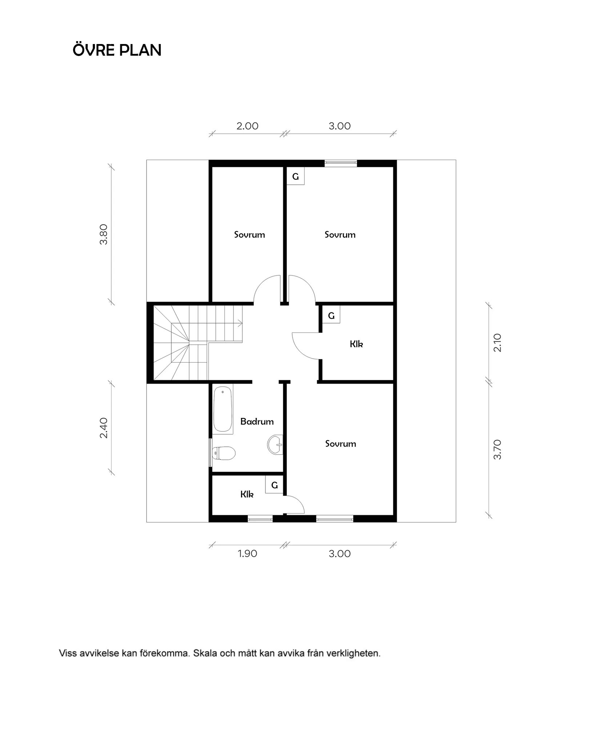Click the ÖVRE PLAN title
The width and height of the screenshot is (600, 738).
pyautogui.click(x=117, y=50)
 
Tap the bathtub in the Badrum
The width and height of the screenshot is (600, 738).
pyautogui.click(x=223, y=410)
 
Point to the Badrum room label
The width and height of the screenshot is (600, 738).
pyautogui.click(x=257, y=422)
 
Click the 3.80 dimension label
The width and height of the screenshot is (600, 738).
pyautogui.click(x=104, y=234)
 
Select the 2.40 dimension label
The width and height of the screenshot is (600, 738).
pyautogui.click(x=104, y=428)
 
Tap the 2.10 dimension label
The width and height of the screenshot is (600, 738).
pyautogui.click(x=497, y=343)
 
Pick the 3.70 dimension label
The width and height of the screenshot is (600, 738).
pyautogui.click(x=497, y=450)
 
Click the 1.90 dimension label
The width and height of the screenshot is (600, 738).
pyautogui.click(x=247, y=554)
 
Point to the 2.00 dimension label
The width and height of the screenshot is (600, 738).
pyautogui.click(x=247, y=126)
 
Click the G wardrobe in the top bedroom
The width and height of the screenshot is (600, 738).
pyautogui.click(x=295, y=176)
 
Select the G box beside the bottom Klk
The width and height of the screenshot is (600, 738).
pyautogui.click(x=274, y=484)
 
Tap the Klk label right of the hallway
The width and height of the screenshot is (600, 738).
pyautogui.click(x=356, y=344)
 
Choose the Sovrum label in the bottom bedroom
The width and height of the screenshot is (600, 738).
pyautogui.click(x=341, y=443)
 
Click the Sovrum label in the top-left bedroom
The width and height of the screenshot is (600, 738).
pyautogui.click(x=249, y=235)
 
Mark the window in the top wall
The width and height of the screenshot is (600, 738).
pyautogui.click(x=341, y=163)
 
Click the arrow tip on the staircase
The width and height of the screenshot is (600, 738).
pyautogui.click(x=242, y=322)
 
